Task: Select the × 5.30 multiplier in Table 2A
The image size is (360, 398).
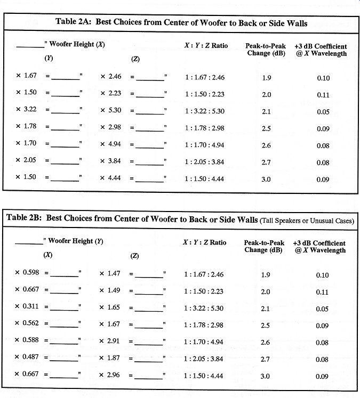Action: coord(111,111)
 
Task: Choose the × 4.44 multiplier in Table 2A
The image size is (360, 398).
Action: coord(111,177)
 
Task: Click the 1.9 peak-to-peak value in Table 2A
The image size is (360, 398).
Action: coord(267,78)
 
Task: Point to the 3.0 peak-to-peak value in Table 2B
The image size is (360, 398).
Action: coord(265,376)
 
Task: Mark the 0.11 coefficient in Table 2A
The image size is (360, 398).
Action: coord(323,95)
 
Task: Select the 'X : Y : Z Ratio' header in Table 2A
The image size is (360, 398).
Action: coord(206,46)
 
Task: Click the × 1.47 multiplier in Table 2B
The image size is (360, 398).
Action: coord(110,274)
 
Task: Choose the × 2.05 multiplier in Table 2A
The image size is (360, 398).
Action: coord(26,160)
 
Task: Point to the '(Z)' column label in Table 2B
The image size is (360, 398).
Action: coord(135,256)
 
